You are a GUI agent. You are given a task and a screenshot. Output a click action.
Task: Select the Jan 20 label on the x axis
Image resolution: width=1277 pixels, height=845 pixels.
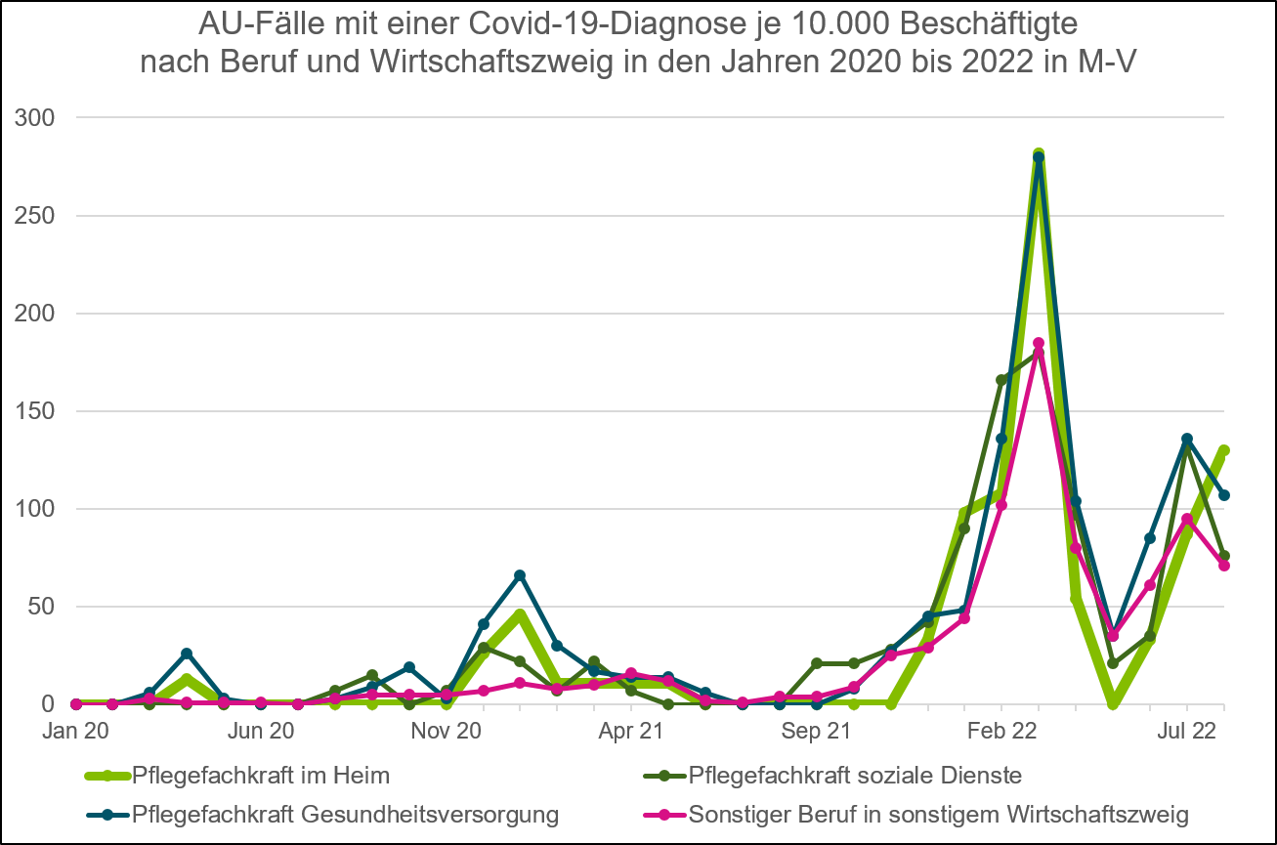click(x=76, y=730)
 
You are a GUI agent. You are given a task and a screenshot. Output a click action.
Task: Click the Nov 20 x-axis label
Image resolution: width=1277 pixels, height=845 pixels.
click(x=447, y=730)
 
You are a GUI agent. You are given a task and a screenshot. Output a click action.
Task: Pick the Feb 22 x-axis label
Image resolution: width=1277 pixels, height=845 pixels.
click(x=1001, y=730)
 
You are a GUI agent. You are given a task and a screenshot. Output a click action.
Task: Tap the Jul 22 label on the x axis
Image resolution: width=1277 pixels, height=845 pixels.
click(x=1187, y=730)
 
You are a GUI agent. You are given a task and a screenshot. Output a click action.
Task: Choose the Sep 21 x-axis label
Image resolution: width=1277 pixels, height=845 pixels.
click(x=817, y=730)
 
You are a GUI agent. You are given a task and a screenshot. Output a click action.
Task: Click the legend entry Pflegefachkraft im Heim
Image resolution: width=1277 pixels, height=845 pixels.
click(x=260, y=777)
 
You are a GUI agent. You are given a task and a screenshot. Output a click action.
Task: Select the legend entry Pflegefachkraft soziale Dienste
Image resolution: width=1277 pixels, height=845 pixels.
click(x=855, y=777)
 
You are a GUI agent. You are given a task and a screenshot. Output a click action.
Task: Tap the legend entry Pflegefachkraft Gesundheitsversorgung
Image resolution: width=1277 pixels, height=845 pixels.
click(x=345, y=814)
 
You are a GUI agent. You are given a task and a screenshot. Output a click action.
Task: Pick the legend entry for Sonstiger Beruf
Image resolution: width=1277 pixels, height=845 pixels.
click(x=938, y=814)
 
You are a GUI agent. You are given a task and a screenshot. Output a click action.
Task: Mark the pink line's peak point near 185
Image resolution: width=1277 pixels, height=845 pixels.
click(x=1039, y=343)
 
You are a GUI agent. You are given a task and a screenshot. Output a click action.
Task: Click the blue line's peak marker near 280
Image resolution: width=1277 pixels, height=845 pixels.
click(x=1039, y=157)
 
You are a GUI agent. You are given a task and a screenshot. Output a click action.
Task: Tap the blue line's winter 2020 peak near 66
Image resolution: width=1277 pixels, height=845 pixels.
click(x=520, y=575)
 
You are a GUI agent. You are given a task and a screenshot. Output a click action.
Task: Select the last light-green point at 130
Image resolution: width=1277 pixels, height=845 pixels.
click(x=1223, y=450)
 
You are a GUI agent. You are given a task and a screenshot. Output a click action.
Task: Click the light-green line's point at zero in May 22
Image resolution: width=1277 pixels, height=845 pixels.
click(x=1113, y=703)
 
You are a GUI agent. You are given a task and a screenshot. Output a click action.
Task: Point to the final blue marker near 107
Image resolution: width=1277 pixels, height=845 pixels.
click(x=1223, y=495)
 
